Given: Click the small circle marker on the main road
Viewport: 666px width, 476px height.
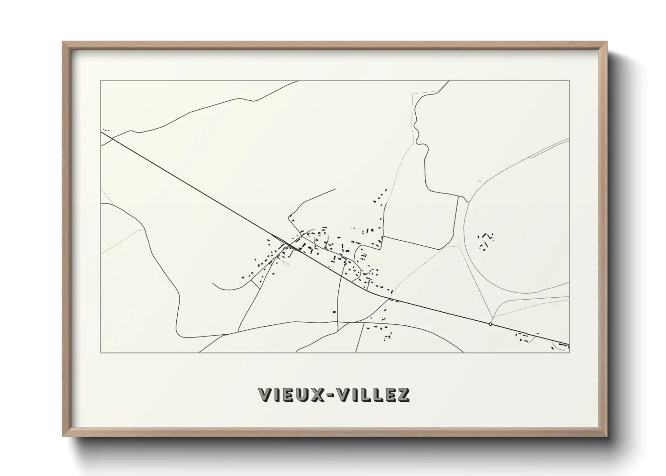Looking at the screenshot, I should (x=490, y=324).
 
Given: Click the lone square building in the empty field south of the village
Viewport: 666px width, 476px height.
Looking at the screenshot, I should (x=334, y=312).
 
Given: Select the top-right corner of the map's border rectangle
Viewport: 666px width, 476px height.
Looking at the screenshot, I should (x=570, y=81).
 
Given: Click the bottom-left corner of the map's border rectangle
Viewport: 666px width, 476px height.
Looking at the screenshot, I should (x=101, y=352).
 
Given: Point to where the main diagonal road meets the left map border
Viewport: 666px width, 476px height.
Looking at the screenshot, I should (x=101, y=131).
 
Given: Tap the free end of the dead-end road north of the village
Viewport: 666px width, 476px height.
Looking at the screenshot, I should (x=335, y=189).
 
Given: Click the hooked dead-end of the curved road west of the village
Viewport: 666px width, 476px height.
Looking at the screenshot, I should (x=214, y=284).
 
